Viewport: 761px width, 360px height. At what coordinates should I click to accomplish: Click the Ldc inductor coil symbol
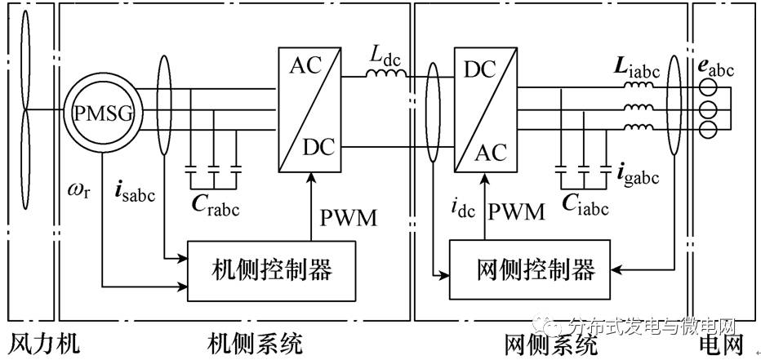coord(385,76)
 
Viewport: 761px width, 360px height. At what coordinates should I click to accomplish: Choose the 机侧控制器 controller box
coord(273,269)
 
